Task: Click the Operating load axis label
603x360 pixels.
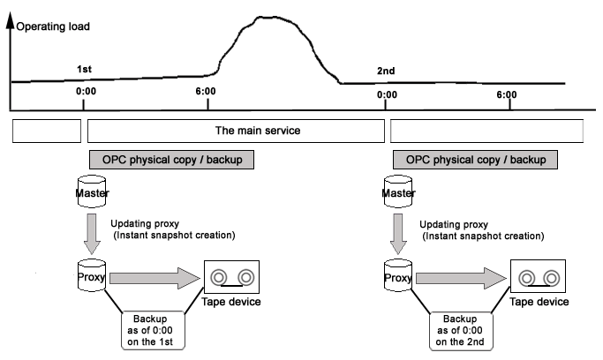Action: pyautogui.click(x=53, y=26)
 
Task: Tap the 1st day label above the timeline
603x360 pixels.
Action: pyautogui.click(x=84, y=69)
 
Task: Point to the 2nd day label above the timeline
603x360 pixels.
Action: pyautogui.click(x=386, y=71)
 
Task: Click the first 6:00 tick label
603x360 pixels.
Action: pyautogui.click(x=206, y=91)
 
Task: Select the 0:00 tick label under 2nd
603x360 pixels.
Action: pyautogui.click(x=387, y=94)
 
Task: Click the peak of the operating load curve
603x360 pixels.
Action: pyautogui.click(x=266, y=17)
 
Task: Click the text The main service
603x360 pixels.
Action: pyautogui.click(x=258, y=131)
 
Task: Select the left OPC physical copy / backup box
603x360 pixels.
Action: pyautogui.click(x=171, y=160)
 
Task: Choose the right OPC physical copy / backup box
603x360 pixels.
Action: pyautogui.click(x=475, y=160)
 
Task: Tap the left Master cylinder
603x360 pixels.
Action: pyautogui.click(x=92, y=191)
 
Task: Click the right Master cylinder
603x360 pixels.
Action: pyautogui.click(x=398, y=191)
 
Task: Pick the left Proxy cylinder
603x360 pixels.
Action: pyautogui.click(x=92, y=275)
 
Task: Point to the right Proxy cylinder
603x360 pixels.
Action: pyautogui.click(x=398, y=276)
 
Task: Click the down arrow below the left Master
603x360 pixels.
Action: pyautogui.click(x=92, y=234)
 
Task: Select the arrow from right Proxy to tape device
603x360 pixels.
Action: pyautogui.click(x=461, y=278)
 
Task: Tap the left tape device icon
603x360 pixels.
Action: pyautogui.click(x=231, y=277)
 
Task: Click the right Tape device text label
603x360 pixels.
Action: pyautogui.click(x=539, y=302)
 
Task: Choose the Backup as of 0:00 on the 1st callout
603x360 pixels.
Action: pyautogui.click(x=153, y=330)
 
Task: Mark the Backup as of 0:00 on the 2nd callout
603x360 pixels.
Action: pyautogui.click(x=461, y=331)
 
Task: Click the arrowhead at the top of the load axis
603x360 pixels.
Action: pyautogui.click(x=11, y=16)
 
